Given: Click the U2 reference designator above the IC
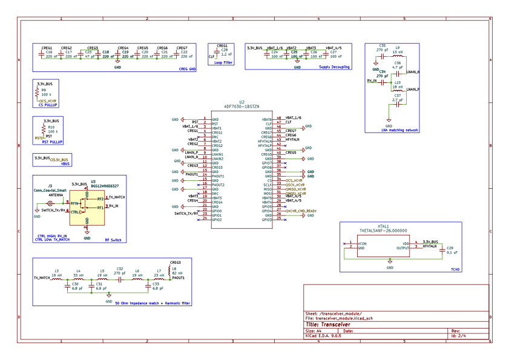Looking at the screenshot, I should click(x=241, y=102).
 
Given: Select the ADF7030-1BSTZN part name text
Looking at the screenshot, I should click(x=241, y=106).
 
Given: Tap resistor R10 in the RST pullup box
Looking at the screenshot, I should click(x=44, y=129).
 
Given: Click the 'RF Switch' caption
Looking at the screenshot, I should click(x=113, y=240).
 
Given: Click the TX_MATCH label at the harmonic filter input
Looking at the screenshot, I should click(x=42, y=277).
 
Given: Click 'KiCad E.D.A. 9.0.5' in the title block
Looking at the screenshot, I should click(x=326, y=336).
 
